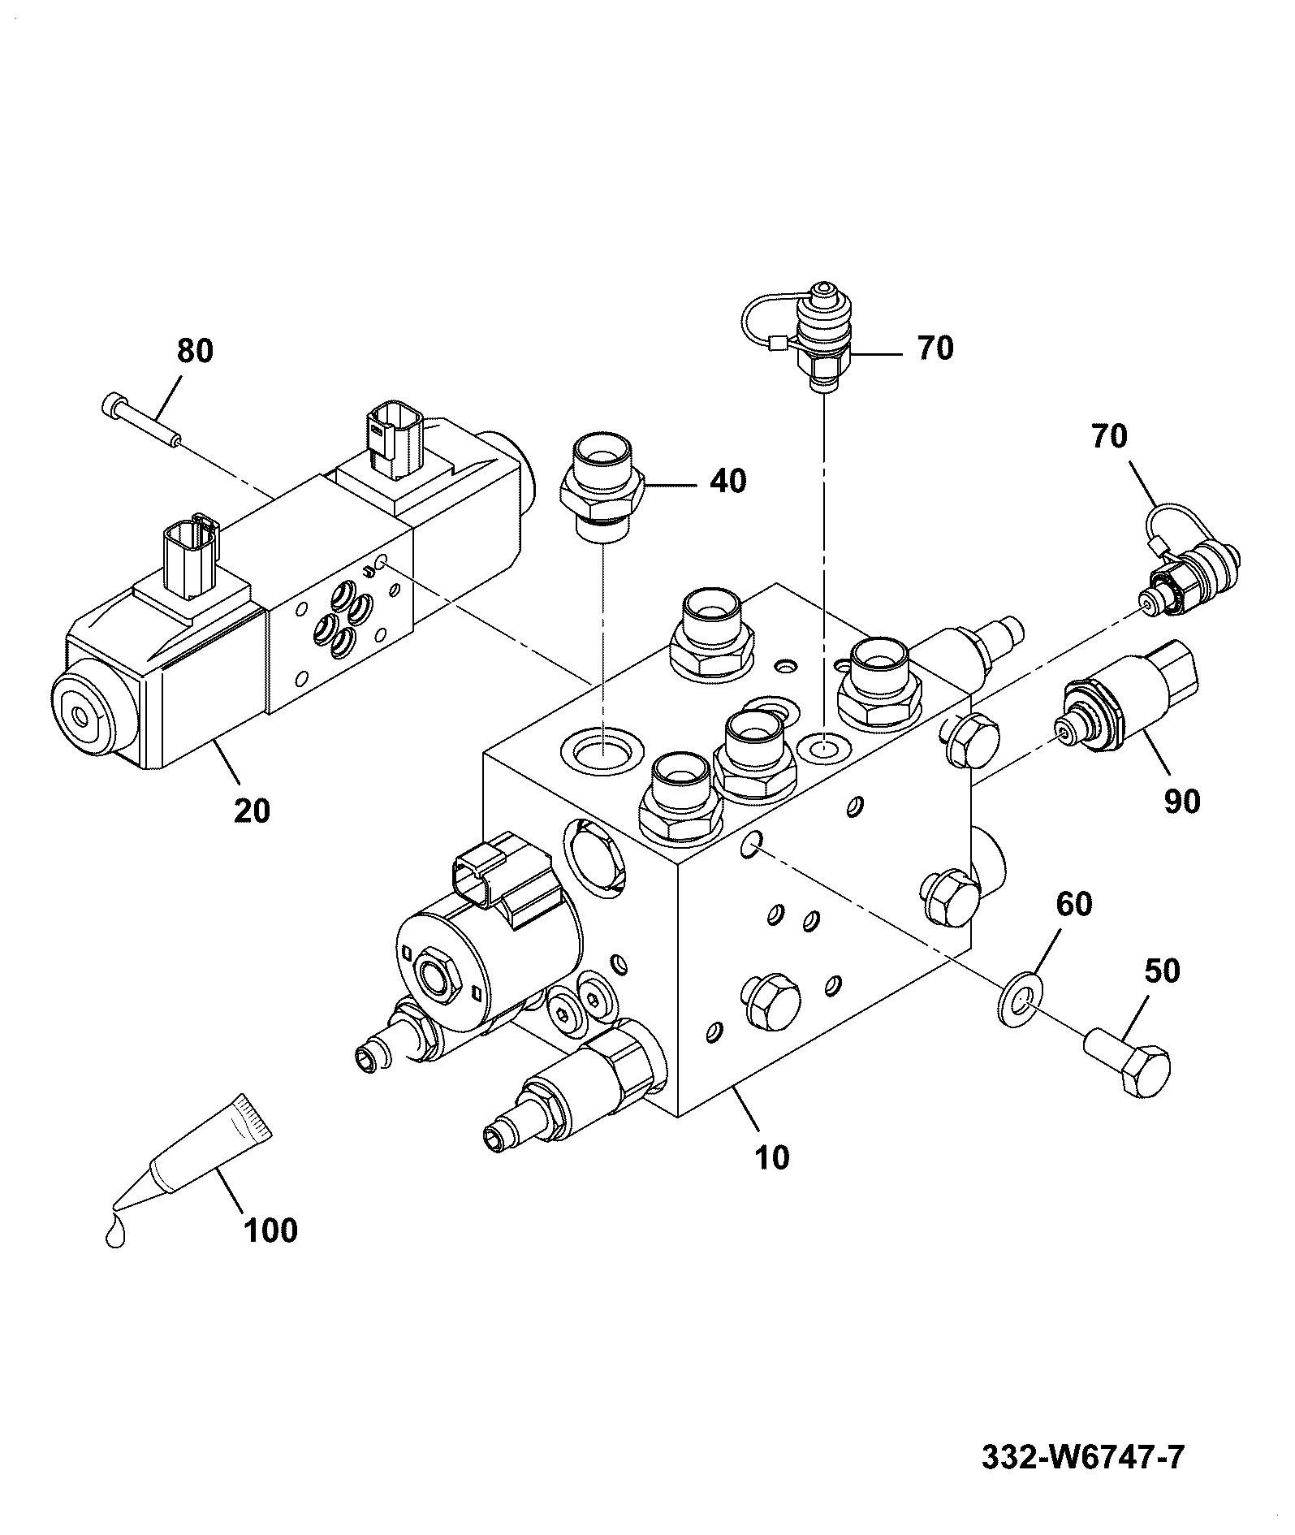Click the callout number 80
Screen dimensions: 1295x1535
195,351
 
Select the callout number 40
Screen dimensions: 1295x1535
728,481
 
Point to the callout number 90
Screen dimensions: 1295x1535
1181,801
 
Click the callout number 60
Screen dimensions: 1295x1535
1073,904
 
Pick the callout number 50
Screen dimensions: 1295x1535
1162,971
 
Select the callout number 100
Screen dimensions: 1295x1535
270,1230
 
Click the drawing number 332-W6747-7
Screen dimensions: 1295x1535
1083,1457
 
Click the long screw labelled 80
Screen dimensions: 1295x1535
143,419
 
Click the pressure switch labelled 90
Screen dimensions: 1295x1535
1126,698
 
